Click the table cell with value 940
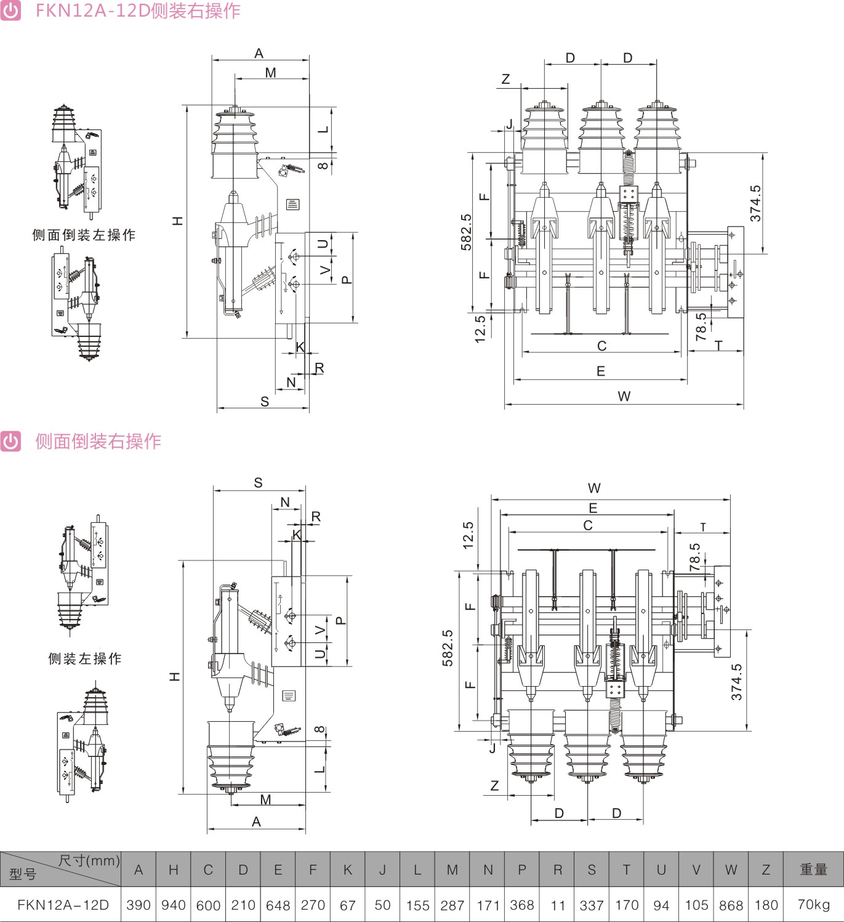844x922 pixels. point(173,905)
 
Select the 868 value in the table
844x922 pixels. point(731,905)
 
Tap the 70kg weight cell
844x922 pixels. point(813,904)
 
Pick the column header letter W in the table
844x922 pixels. point(731,870)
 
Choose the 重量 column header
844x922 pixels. point(813,869)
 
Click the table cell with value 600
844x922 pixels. point(208,905)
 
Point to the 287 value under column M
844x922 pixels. point(452,905)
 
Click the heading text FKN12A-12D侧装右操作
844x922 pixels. point(138,10)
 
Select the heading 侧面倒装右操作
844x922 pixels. point(98,441)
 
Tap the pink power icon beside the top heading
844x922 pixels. point(10,10)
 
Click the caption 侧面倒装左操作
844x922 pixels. point(84,235)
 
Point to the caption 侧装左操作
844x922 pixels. point(85,658)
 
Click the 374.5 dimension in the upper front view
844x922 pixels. point(755,204)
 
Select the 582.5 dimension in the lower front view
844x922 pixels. point(448,648)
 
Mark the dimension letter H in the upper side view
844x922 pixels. point(177,220)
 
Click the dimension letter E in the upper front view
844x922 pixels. point(601,371)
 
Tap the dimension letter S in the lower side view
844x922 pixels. point(258,483)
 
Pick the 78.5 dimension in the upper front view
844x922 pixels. point(701,327)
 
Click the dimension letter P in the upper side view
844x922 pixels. point(347,279)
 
